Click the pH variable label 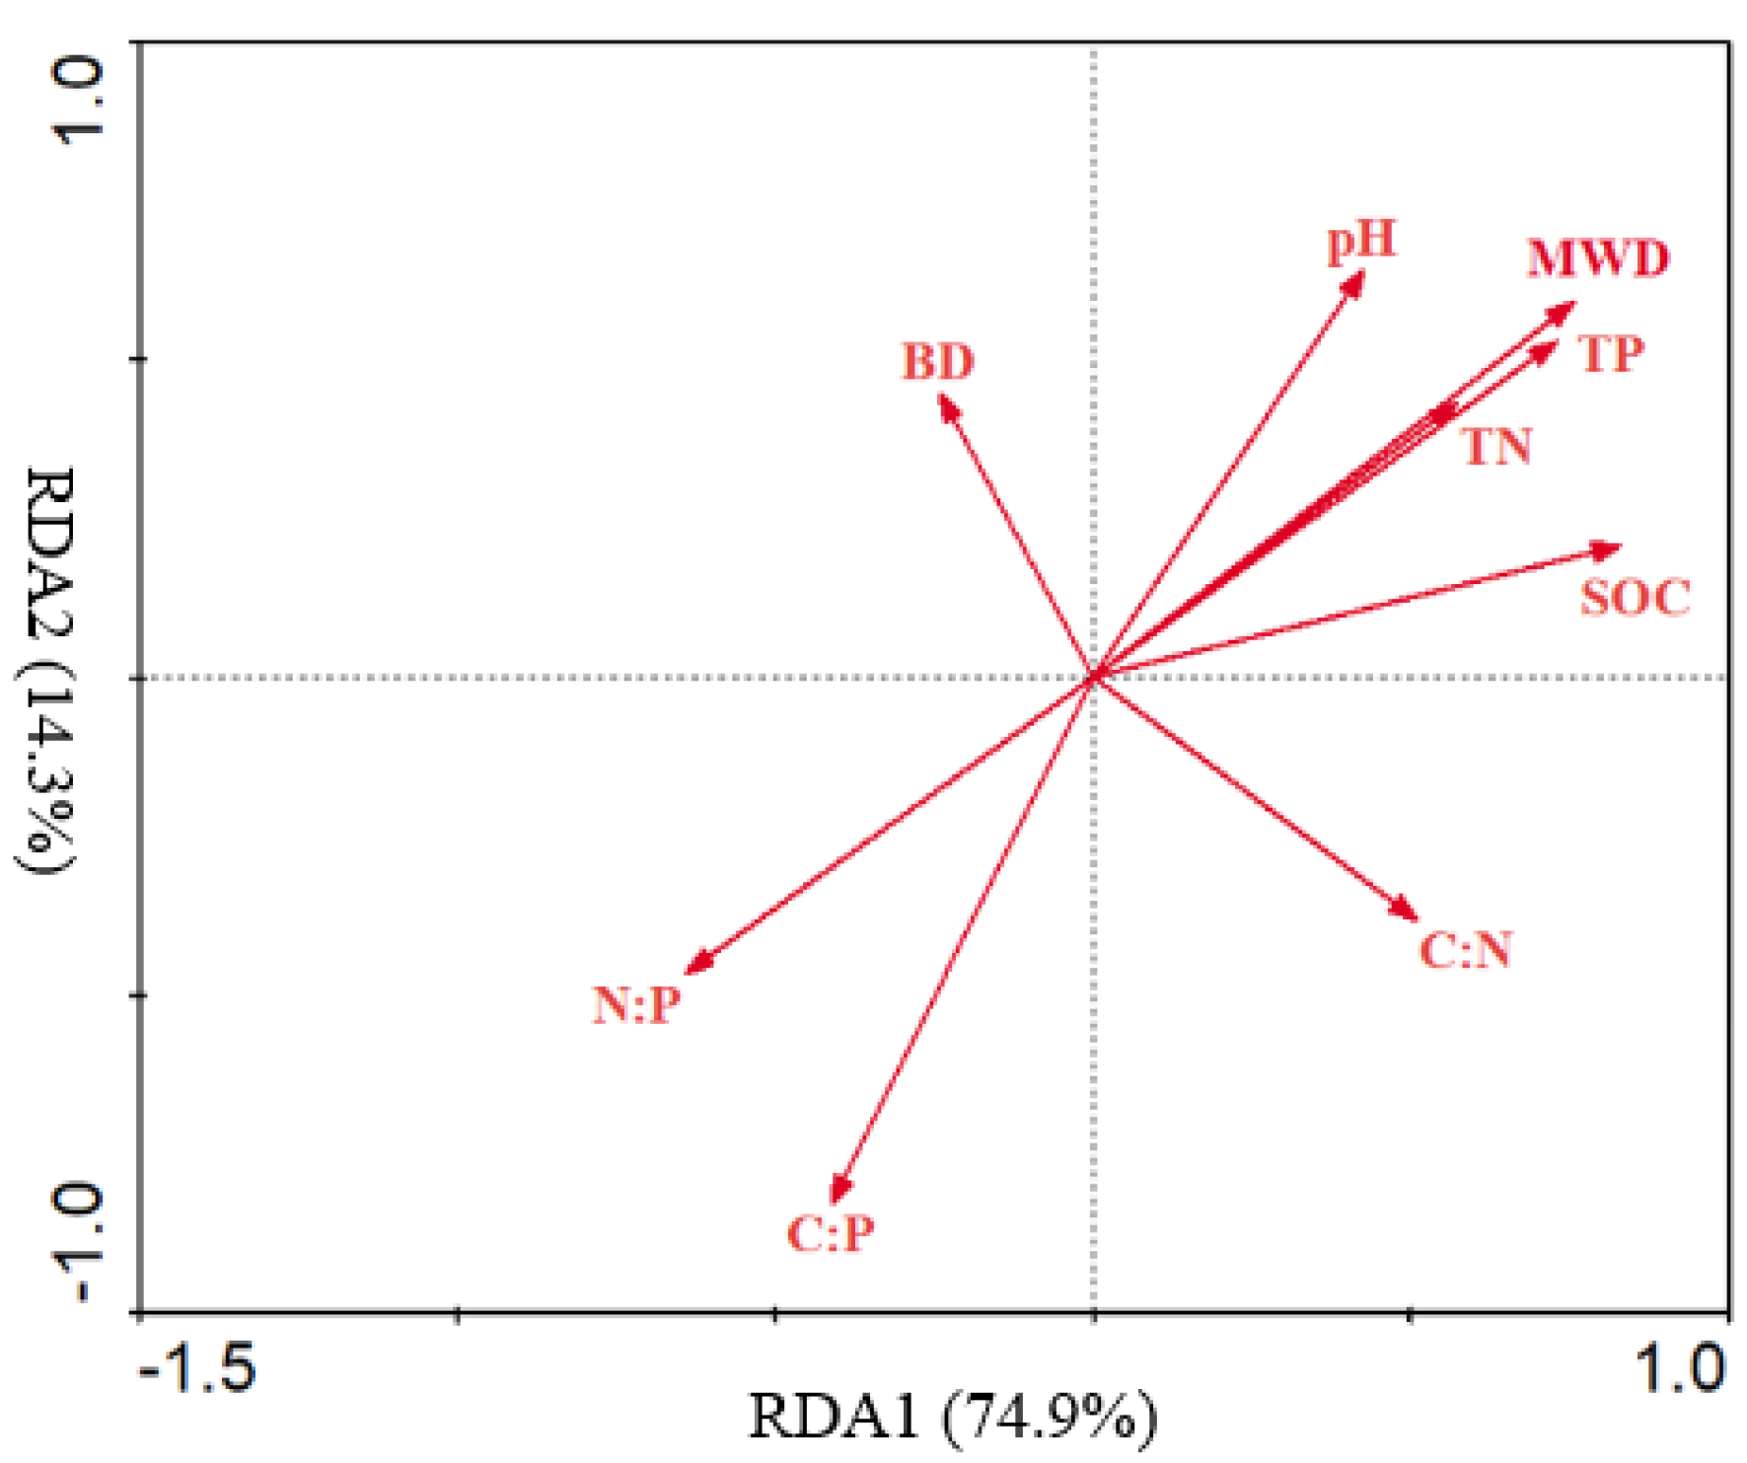pos(1361,241)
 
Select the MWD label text pos(1597,259)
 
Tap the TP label pos(1611,354)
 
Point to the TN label pos(1497,447)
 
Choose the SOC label pos(1635,598)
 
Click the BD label pos(937,362)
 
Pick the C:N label pos(1466,950)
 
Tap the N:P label pos(636,1005)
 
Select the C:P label pos(831,1233)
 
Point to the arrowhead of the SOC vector pos(1614,549)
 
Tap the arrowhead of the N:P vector pos(693,967)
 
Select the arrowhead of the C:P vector pos(837,1194)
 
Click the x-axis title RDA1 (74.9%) pos(953,1417)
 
